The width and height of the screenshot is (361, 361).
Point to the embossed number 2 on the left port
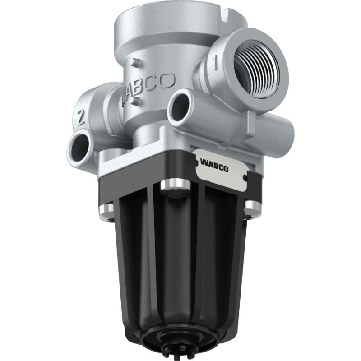(x=81, y=117)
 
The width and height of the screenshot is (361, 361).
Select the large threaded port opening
(x=258, y=68)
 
